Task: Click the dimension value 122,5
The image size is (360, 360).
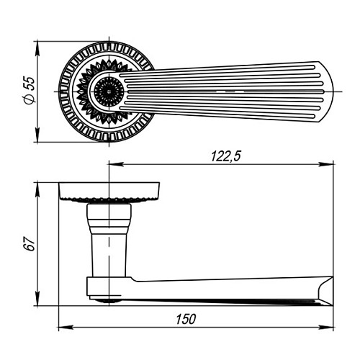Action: [225, 156]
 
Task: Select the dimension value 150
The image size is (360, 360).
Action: [186, 319]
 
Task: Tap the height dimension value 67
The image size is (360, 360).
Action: [30, 244]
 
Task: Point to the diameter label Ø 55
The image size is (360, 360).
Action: [30, 91]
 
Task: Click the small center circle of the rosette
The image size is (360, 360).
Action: [109, 91]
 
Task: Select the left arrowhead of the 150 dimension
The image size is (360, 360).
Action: [66, 327]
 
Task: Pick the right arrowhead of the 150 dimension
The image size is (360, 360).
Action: [326, 327]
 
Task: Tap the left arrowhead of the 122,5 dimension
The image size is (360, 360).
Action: [117, 164]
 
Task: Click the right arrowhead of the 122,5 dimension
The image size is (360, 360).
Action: [326, 164]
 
